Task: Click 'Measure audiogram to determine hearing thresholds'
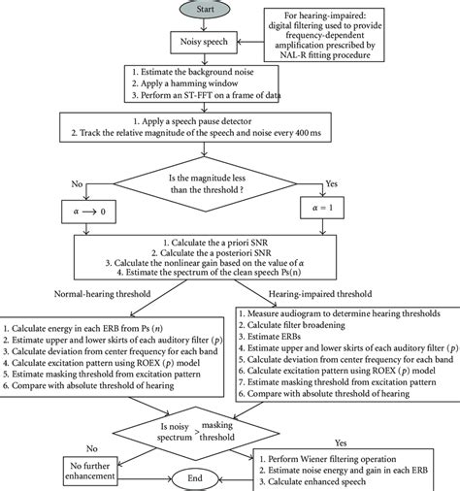coord(346,313)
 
